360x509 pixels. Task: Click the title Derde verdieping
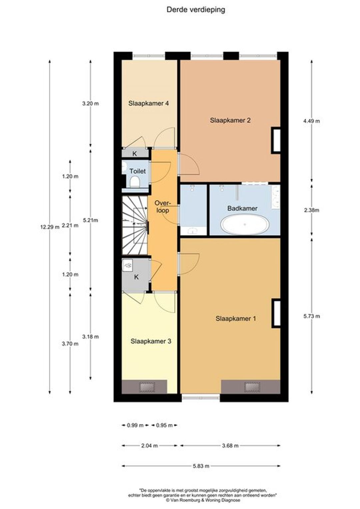click(x=196, y=10)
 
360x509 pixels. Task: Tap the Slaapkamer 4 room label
click(x=149, y=103)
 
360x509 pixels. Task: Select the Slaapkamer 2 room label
click(x=230, y=120)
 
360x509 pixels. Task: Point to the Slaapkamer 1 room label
click(x=236, y=318)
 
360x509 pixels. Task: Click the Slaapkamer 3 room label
click(x=151, y=341)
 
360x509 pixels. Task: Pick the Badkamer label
click(x=242, y=208)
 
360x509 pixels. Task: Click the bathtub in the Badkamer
click(x=245, y=224)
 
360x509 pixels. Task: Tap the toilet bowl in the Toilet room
click(x=135, y=182)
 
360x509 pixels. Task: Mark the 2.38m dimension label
click(x=312, y=210)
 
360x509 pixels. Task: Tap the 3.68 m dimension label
click(x=230, y=446)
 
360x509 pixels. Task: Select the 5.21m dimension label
click(x=91, y=220)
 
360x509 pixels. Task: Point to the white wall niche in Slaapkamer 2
click(x=276, y=140)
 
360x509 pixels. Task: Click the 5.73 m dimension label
click(x=312, y=316)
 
